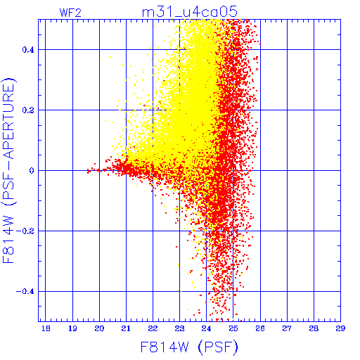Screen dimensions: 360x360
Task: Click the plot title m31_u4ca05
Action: tap(190, 12)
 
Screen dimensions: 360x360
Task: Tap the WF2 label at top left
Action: tap(70, 13)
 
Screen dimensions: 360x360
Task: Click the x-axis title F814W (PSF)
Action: tap(189, 347)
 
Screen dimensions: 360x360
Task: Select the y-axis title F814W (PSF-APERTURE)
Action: tap(8, 170)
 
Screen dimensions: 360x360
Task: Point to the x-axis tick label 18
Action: tap(46, 328)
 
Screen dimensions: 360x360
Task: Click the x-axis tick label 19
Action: tap(72, 328)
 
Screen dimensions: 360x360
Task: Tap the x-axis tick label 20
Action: tap(99, 328)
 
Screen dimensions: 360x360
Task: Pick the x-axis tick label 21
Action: tap(126, 328)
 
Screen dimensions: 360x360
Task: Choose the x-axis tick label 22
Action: tap(153, 328)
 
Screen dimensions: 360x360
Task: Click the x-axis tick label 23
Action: tap(179, 328)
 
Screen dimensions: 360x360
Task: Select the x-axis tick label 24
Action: tap(206, 328)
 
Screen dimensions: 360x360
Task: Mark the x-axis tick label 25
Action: tap(233, 328)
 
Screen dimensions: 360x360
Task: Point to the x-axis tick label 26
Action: tap(260, 328)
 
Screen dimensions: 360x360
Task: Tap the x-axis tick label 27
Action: tap(287, 328)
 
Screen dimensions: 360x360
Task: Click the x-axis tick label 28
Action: tap(314, 328)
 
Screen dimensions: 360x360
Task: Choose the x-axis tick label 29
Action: tap(340, 328)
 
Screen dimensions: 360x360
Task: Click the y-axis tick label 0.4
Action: tap(28, 50)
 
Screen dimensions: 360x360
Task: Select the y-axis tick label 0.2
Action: tap(28, 110)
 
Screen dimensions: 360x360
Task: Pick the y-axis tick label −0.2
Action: tap(25, 231)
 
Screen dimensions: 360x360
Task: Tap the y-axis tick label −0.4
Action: tap(25, 292)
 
